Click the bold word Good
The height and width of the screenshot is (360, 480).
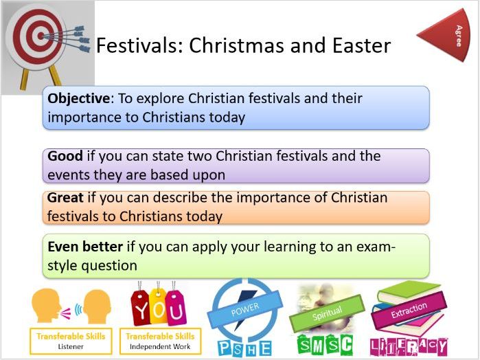[x=65, y=157]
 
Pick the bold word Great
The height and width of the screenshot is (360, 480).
[x=66, y=198]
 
